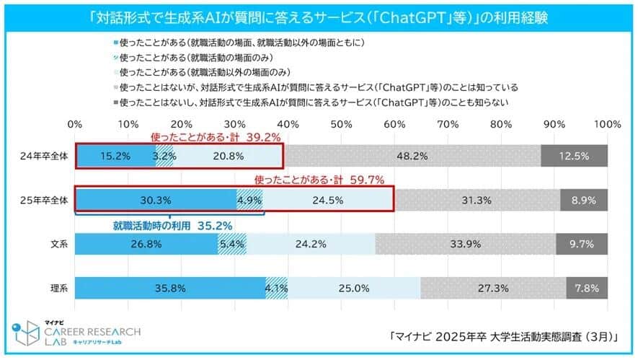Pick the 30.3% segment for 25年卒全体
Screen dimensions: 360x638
tap(156, 200)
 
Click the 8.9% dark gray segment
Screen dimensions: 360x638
tap(584, 200)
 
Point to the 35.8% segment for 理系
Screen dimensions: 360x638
tap(170, 288)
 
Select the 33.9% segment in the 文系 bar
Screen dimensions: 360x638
tap(464, 244)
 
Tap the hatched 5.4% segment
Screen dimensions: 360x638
tap(232, 244)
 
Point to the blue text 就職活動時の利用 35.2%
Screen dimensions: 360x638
tap(172, 225)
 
